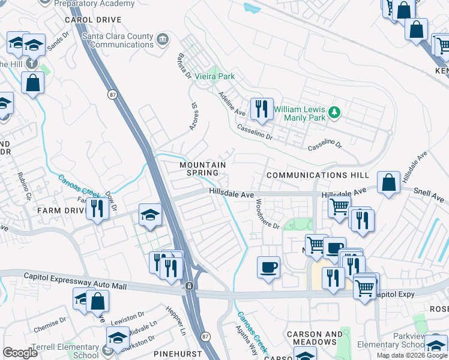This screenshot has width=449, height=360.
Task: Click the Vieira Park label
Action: point(214,77)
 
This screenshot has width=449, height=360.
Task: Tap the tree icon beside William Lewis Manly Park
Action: point(335,112)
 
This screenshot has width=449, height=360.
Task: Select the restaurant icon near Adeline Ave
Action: point(261,109)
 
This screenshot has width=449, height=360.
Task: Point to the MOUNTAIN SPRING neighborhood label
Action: point(203,169)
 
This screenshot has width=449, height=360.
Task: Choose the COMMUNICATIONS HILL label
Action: point(317,175)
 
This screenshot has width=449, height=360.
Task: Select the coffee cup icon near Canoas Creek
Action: point(268,266)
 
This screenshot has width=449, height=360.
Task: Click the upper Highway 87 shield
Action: point(112,94)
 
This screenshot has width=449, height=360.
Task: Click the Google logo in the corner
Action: point(20,353)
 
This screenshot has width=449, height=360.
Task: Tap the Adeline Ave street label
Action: point(232,104)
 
